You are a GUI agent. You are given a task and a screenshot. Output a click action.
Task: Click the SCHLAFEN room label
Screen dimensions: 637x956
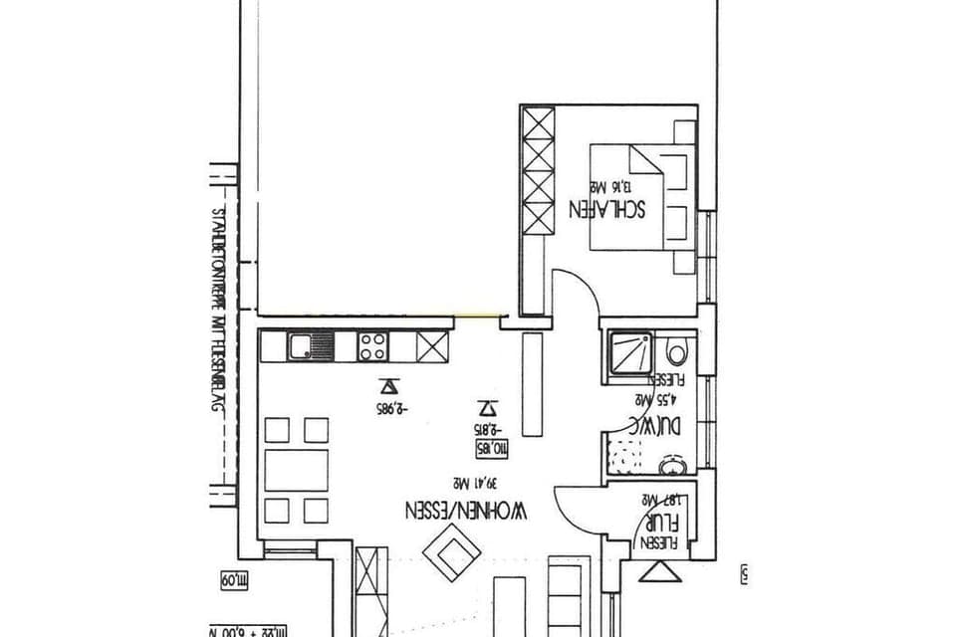[x=607, y=209]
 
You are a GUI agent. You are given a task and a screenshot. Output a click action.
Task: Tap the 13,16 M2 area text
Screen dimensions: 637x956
[x=610, y=186]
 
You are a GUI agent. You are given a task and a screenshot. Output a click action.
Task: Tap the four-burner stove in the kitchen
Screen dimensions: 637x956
[x=373, y=346]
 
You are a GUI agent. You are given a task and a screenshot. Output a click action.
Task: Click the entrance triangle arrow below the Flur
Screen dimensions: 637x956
[x=658, y=571]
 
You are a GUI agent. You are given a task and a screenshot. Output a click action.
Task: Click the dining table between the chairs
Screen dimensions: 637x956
[x=297, y=471]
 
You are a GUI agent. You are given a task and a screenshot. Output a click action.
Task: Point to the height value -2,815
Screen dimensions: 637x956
[x=487, y=429]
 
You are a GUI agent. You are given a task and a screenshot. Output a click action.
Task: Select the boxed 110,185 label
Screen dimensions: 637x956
[x=496, y=450]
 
